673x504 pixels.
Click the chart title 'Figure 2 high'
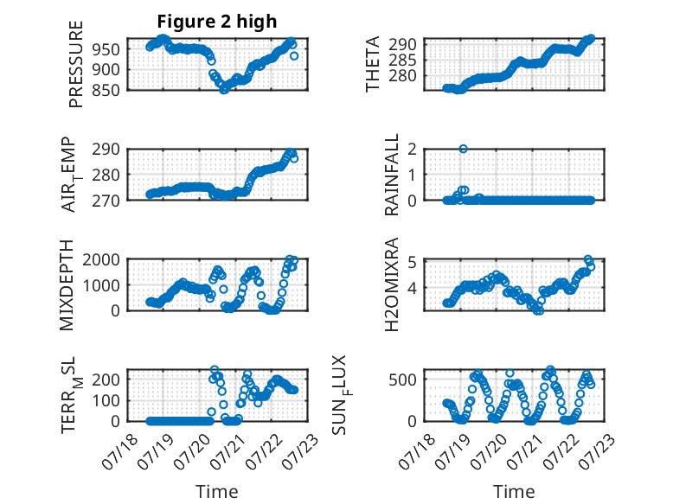pos(217,22)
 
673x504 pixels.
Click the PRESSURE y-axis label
pos(76,64)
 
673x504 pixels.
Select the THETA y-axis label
pos(373,64)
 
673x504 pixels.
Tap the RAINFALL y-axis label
pos(392,175)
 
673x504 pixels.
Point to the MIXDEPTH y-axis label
pos(67,285)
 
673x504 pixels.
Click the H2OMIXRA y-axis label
pos(392,284)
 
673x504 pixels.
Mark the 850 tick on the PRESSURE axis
pos(106,90)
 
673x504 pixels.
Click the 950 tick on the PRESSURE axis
pos(106,49)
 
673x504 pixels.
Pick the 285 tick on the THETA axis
pos(402,60)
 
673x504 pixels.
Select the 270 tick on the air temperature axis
pos(106,201)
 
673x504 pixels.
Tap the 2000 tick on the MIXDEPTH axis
pos(101,259)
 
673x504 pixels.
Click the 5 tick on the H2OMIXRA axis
pos(413,262)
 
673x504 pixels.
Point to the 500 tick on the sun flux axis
pos(402,380)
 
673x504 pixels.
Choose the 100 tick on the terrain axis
pos(106,400)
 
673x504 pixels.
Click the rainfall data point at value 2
pos(463,149)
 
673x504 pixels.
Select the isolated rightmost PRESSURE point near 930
pos(294,56)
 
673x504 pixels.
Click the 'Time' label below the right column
pos(514,492)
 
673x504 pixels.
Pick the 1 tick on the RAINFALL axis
pos(413,175)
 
